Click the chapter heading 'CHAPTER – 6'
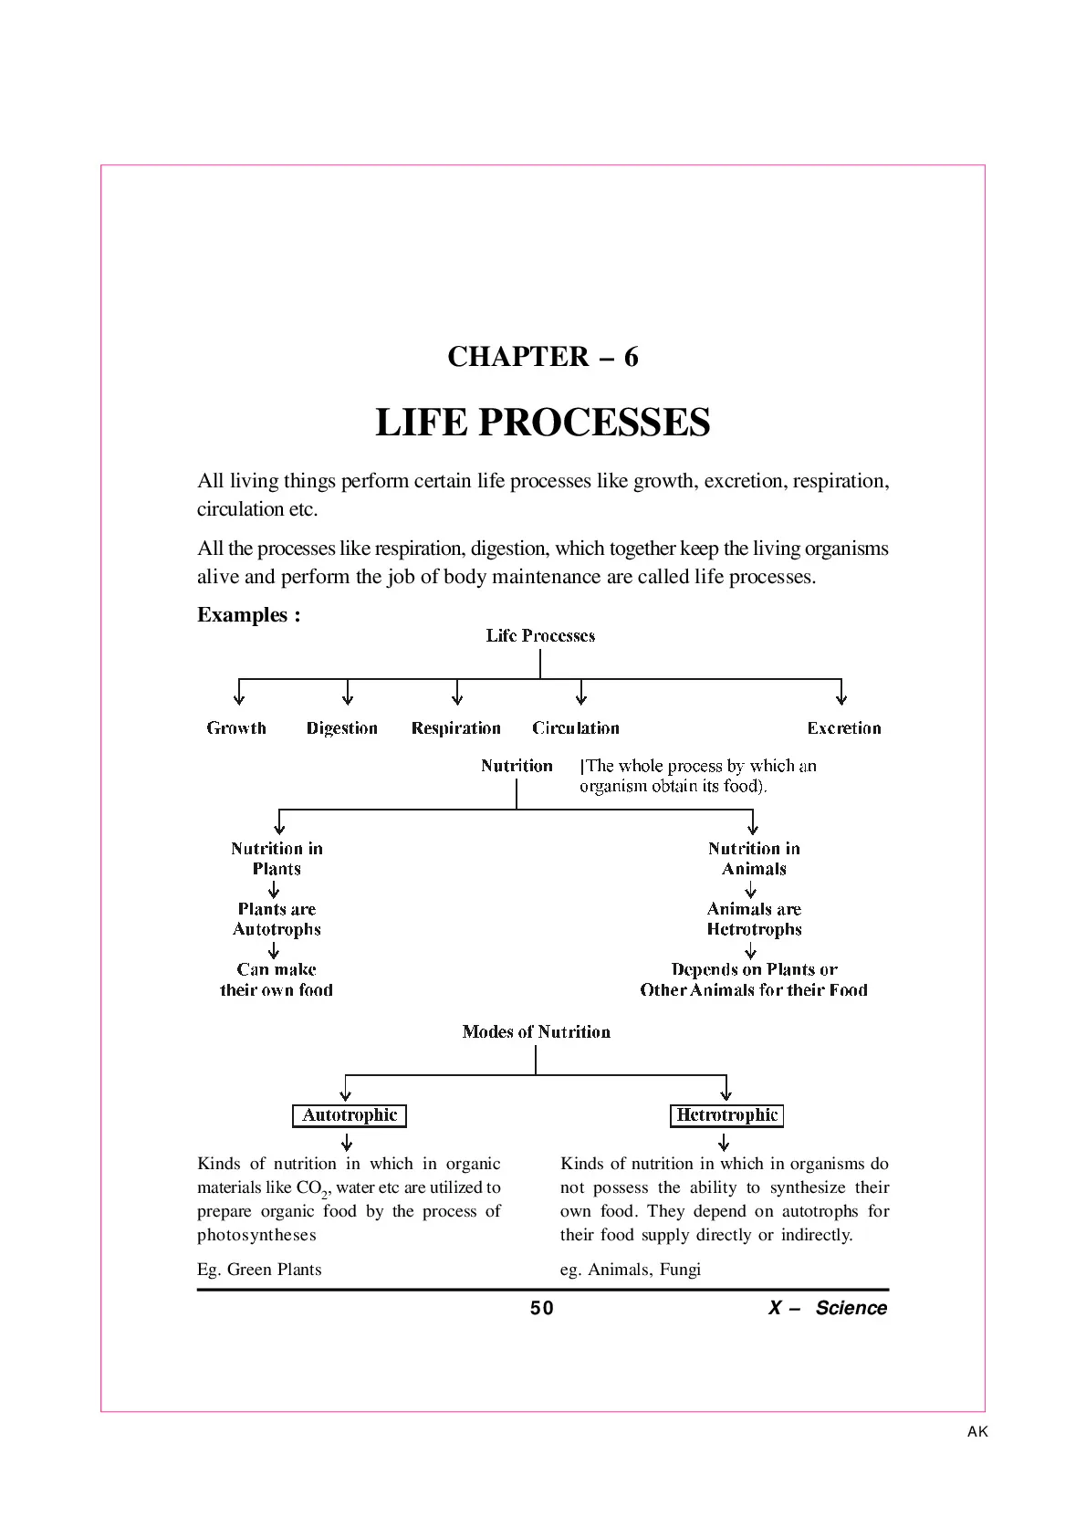point(543,357)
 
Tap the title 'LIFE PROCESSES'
point(543,422)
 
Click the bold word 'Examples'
point(242,615)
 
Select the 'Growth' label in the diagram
point(236,728)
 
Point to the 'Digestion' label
point(341,728)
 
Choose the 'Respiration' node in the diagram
point(455,728)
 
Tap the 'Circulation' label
point(576,728)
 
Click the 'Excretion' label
point(844,728)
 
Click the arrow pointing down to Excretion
point(841,692)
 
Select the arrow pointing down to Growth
point(239,692)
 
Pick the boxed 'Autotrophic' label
point(350,1115)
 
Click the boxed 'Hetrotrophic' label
point(726,1115)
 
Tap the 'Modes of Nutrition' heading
point(536,1032)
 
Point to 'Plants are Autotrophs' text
point(277,919)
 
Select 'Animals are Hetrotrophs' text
point(754,919)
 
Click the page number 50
point(541,1308)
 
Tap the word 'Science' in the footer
point(851,1308)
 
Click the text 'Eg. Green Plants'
point(259,1270)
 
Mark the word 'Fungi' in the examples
point(680,1270)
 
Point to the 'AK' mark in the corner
point(977,1431)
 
